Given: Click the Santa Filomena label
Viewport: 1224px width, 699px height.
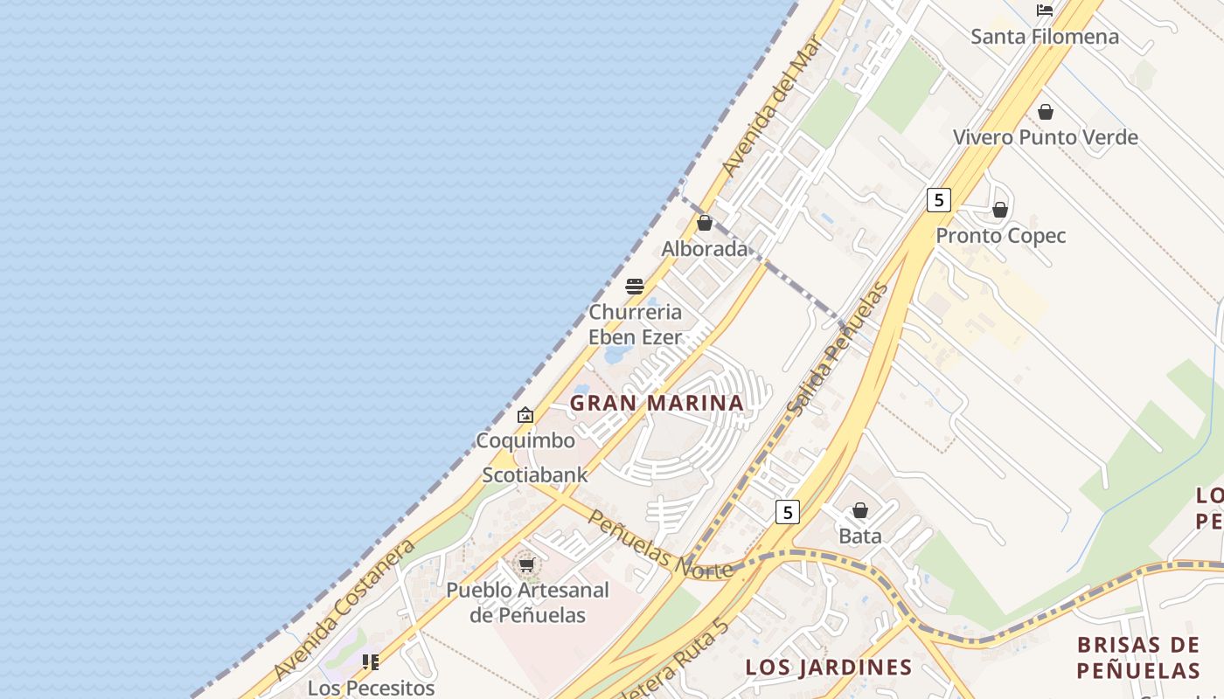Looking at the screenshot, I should click(1044, 37).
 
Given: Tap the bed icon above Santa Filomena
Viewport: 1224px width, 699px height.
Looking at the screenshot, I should click(1044, 10).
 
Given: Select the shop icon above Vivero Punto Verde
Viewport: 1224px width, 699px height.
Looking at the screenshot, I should click(1045, 112).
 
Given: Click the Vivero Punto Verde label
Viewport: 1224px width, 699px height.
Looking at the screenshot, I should click(1045, 137).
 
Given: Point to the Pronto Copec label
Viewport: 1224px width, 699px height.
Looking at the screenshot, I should click(1000, 236).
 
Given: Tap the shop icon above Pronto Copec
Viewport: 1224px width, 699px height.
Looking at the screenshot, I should click(1000, 210).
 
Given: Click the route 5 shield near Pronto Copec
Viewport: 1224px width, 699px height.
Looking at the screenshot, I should click(938, 200).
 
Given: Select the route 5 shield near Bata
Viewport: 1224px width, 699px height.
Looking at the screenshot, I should click(787, 512).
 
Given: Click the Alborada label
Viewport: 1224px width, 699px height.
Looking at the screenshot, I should click(705, 249).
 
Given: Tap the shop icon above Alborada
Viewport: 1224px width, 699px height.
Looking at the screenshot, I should click(705, 224).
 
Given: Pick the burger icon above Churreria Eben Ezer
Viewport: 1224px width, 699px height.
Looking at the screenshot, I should click(635, 286).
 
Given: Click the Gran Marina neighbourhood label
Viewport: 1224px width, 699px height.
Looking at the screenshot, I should click(657, 403).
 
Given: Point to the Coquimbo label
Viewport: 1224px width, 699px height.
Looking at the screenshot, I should click(525, 440).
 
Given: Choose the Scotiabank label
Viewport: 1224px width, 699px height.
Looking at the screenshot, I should click(535, 475).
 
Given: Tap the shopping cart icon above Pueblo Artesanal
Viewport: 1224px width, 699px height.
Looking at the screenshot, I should click(526, 565).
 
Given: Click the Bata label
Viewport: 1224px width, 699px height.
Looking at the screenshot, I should click(859, 536).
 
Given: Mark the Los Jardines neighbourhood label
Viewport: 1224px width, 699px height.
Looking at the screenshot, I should click(828, 668).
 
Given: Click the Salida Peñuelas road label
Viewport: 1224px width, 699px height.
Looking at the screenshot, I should click(837, 349).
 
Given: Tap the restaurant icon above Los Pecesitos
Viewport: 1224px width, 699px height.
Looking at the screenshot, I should click(371, 662).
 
